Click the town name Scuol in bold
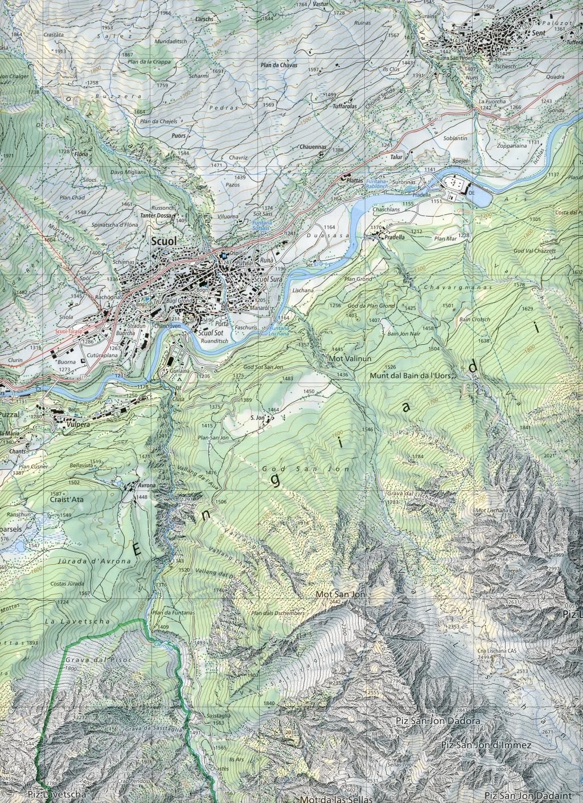pos(164,241)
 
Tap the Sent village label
pos(538,33)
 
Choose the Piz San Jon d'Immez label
pos(486,745)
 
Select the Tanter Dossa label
pos(155,216)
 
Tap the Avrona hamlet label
pos(147,486)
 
